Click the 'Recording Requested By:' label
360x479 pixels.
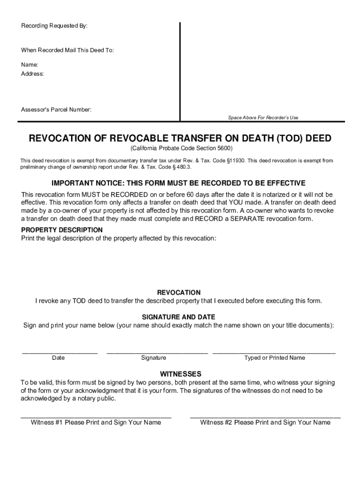coord(54,26)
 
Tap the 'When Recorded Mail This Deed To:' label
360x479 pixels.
coord(67,50)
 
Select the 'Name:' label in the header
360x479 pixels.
coord(29,65)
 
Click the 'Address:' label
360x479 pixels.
coord(32,74)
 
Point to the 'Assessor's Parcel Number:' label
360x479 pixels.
coord(56,109)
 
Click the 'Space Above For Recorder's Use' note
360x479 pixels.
coord(263,118)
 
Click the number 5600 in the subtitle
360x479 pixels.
coord(223,148)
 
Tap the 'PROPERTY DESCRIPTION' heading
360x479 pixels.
coord(62,230)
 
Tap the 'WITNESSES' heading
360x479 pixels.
coord(180,374)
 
